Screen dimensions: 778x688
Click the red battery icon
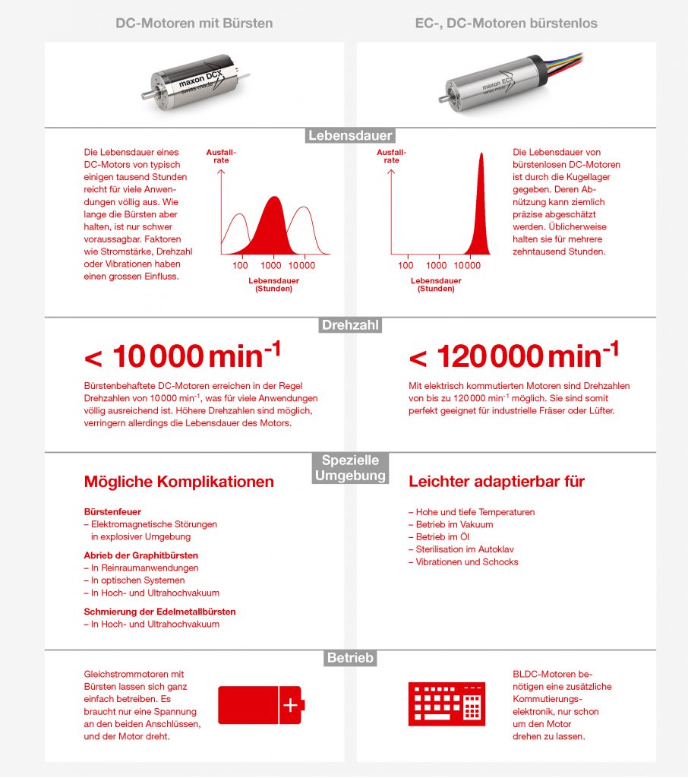click(x=260, y=705)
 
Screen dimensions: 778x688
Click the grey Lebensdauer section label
click(x=350, y=136)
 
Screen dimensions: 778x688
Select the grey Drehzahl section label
click(x=350, y=325)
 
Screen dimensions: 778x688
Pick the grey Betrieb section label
click(x=350, y=658)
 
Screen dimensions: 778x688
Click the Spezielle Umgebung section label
click(x=350, y=468)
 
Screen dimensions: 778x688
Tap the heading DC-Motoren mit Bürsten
click(x=194, y=24)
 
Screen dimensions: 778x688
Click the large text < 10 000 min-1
click(x=182, y=356)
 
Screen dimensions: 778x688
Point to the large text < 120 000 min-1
click(x=513, y=356)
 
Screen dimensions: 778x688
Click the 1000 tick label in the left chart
click(x=271, y=265)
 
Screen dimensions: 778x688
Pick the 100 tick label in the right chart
click(x=406, y=265)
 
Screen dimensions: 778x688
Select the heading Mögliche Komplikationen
click(x=178, y=482)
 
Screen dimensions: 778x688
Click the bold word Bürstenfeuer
click(x=112, y=512)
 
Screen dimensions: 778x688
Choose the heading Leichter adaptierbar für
click(x=497, y=482)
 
